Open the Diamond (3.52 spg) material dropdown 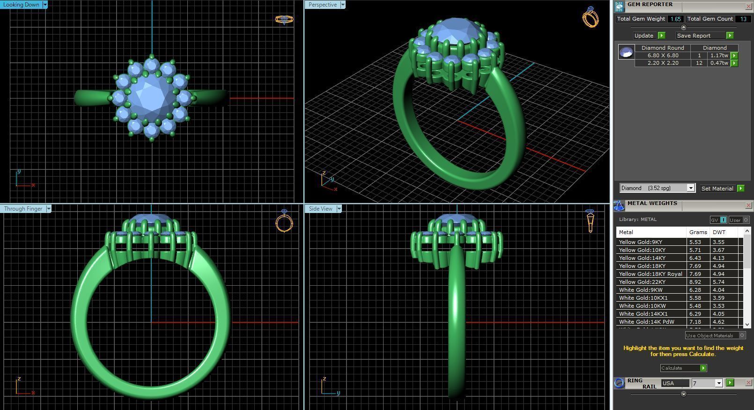coord(690,188)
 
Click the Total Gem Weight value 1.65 coord(675,19)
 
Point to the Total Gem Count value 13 coord(743,19)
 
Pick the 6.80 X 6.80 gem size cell coord(663,55)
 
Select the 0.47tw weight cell coord(719,63)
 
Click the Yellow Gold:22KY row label coord(642,282)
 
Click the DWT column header coord(719,232)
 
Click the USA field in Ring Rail coord(674,383)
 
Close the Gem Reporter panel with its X coord(748,6)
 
